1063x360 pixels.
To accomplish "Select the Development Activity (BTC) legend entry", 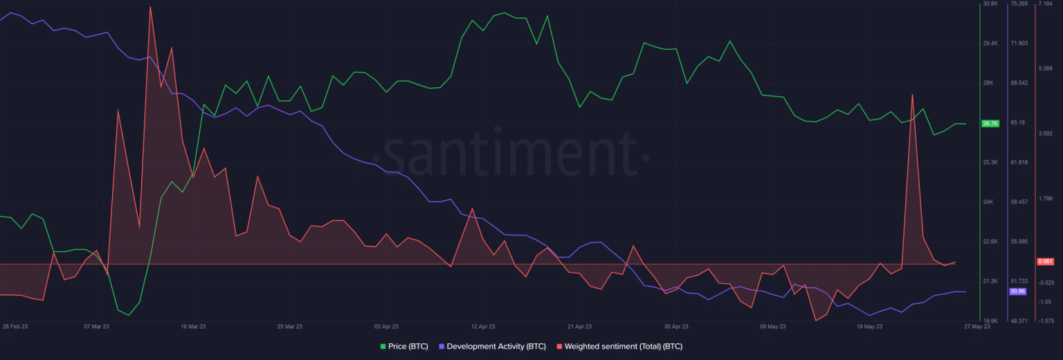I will click(x=496, y=345).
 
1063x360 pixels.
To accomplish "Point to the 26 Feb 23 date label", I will click(x=15, y=325).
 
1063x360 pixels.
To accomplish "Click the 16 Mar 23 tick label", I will click(x=193, y=325).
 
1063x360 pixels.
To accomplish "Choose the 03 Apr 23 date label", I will click(x=387, y=325).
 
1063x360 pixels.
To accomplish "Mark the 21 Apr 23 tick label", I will click(x=579, y=325).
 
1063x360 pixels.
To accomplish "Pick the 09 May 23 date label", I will click(x=772, y=325).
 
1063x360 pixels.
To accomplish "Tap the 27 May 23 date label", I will click(x=977, y=326).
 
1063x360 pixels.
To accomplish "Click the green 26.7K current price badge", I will click(x=990, y=123).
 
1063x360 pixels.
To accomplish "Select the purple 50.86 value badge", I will click(x=1017, y=291).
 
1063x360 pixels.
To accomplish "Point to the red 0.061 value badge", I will click(x=1045, y=262).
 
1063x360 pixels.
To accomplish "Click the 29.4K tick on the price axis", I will click(x=991, y=43).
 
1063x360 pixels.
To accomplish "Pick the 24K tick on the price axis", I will click(x=990, y=201).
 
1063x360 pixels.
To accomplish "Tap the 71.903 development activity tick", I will click(x=1019, y=43).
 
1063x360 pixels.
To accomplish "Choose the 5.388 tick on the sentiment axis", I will click(x=1046, y=68).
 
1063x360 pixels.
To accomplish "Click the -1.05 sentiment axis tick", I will click(x=1046, y=302).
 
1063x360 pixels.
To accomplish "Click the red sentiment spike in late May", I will click(x=913, y=95).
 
